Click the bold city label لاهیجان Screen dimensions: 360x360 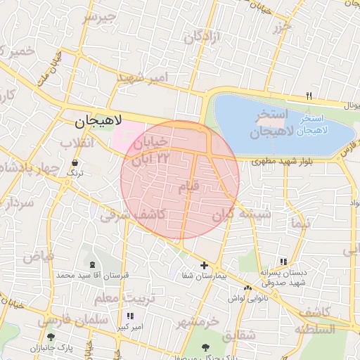(x=98, y=122)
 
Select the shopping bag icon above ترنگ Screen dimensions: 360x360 (x=75, y=163)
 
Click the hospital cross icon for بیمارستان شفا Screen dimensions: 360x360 (x=204, y=266)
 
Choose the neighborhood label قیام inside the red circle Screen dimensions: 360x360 (x=190, y=187)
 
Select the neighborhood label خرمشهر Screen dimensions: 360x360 (x=198, y=322)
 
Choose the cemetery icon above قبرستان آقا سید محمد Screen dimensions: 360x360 (x=94, y=264)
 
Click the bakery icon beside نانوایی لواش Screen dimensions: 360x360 (x=247, y=288)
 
